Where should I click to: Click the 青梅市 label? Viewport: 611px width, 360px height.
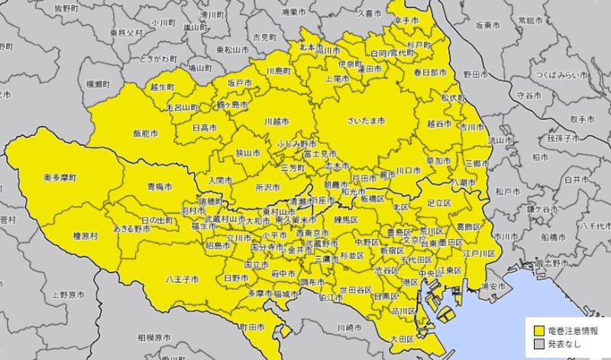click(x=159, y=186)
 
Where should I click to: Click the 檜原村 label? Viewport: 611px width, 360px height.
click(x=84, y=237)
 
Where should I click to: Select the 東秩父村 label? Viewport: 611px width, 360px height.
click(x=126, y=33)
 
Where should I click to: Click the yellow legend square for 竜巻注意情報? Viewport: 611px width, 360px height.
click(x=538, y=332)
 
